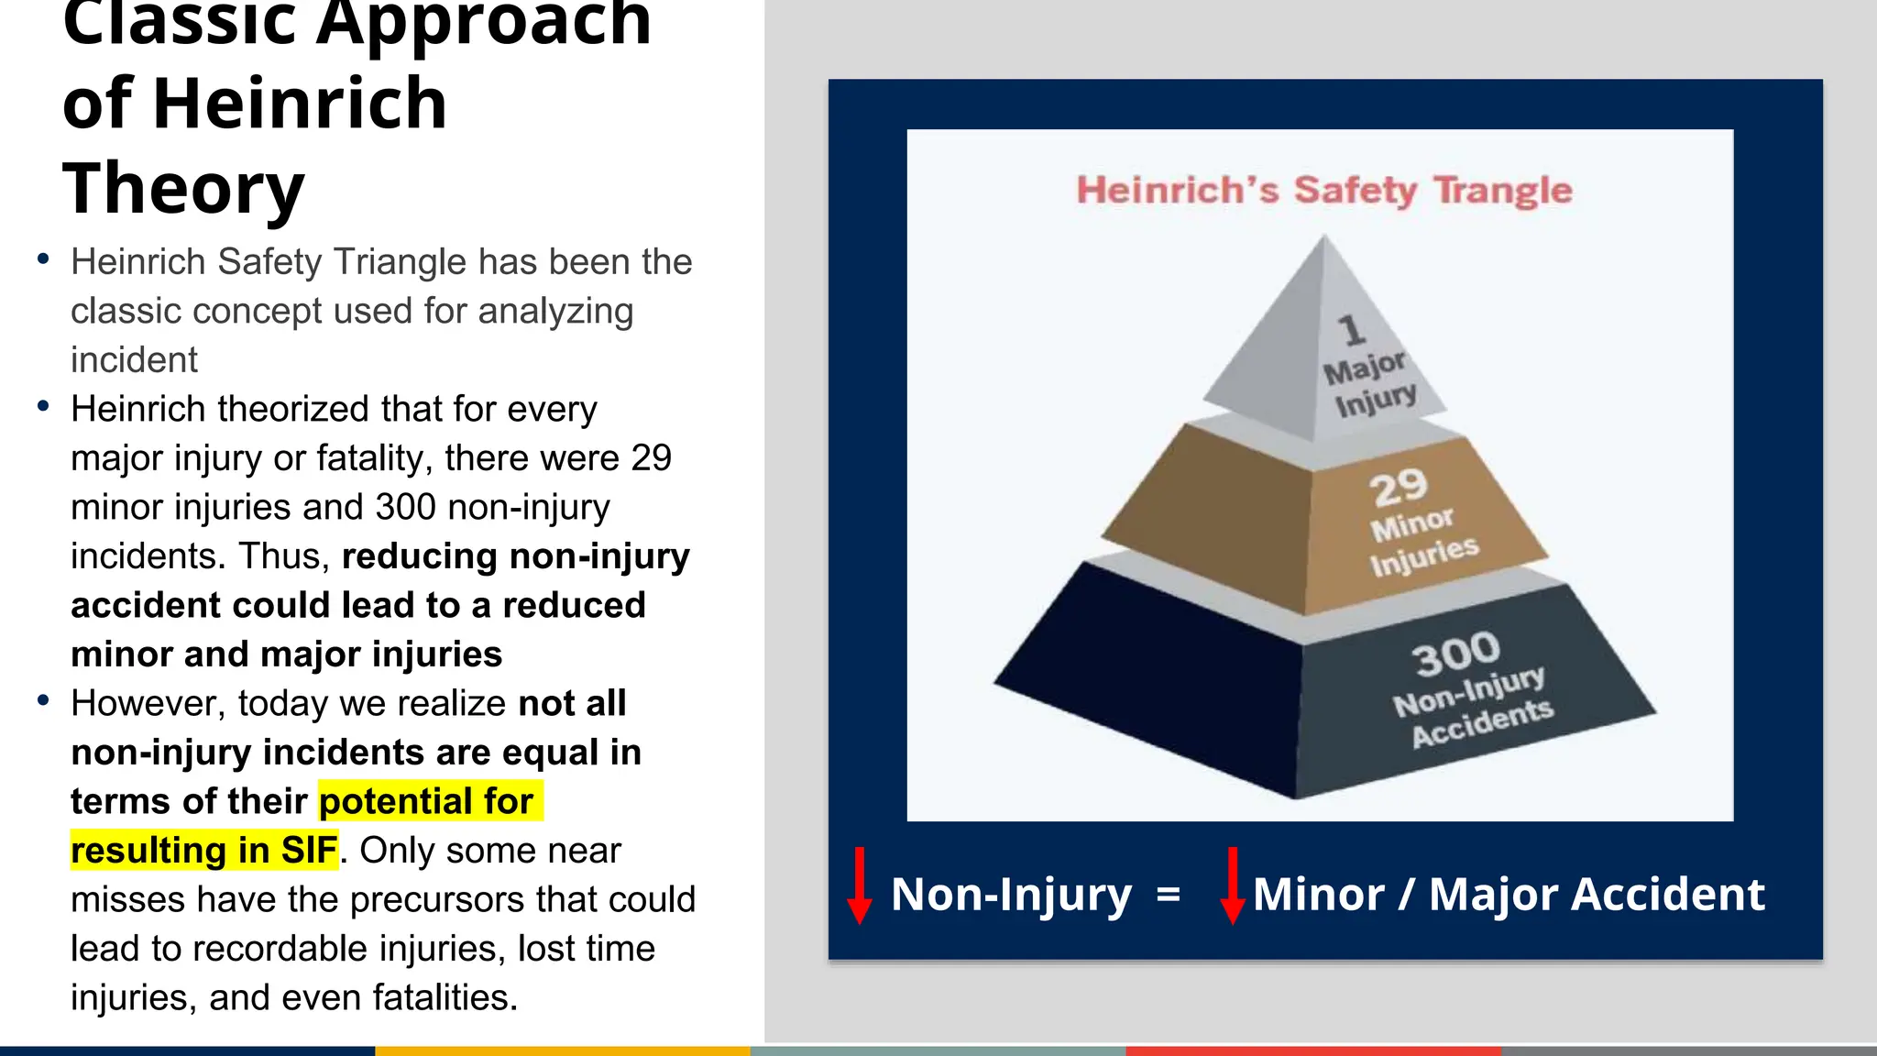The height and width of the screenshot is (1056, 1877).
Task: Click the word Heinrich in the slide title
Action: [300, 103]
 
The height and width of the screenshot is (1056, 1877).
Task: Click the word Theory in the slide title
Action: [183, 188]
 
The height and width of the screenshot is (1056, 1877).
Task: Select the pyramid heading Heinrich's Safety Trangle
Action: [1323, 191]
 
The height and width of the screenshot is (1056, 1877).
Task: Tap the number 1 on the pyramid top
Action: [1350, 330]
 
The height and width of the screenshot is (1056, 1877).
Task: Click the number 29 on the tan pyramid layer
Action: [1399, 488]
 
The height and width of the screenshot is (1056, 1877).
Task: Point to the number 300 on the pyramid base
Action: [1455, 654]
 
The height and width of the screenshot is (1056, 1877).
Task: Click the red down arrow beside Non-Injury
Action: [859, 885]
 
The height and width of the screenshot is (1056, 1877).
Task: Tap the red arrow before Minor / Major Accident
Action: [1233, 885]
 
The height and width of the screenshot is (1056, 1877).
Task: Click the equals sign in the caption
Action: [1169, 894]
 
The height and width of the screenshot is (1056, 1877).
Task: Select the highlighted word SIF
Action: [309, 851]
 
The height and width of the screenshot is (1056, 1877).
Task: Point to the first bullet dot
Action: [43, 260]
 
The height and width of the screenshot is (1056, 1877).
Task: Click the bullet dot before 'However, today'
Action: [43, 701]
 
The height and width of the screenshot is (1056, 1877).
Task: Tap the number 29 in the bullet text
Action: [651, 457]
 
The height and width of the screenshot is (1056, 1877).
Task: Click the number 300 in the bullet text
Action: [405, 507]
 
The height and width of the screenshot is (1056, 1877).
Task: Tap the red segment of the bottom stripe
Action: [1312, 1050]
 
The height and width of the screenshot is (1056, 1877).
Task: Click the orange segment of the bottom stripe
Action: [563, 1050]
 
